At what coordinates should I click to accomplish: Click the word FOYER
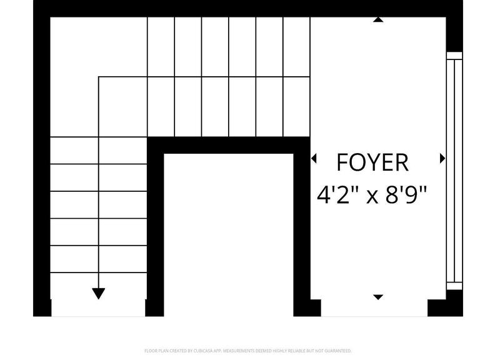[x=372, y=162]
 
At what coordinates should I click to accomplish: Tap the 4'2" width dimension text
[x=338, y=196]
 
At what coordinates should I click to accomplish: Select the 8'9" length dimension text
[x=405, y=196]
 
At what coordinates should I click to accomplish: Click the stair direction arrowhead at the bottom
[x=99, y=293]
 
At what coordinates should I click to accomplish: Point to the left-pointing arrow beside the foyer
[x=314, y=159]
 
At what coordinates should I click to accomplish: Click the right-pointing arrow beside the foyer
[x=442, y=159]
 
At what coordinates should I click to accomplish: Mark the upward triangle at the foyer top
[x=377, y=20]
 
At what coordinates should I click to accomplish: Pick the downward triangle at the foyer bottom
[x=377, y=297]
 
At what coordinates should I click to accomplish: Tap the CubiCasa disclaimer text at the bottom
[x=248, y=351]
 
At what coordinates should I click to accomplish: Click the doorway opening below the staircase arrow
[x=98, y=307]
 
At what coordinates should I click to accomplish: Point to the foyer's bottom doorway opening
[x=374, y=307]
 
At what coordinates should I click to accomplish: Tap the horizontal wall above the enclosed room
[x=229, y=145]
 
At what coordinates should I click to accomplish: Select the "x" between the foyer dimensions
[x=372, y=197]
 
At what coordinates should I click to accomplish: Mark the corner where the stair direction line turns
[x=99, y=77]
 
